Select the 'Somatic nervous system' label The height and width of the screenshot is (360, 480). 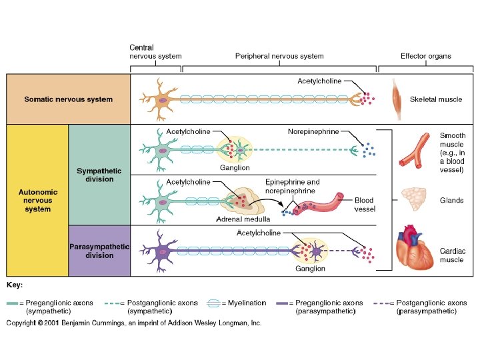coord(69,99)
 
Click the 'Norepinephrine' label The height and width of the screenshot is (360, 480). coord(311,131)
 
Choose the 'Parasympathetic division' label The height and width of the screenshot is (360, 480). coord(100,251)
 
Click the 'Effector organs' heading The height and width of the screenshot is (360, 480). coord(425,56)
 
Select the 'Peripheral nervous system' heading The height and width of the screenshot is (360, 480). coord(279,56)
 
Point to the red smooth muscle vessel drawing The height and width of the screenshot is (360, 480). coord(413,150)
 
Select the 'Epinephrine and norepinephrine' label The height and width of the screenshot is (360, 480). coord(293,186)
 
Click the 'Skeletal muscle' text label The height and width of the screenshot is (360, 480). coord(436,99)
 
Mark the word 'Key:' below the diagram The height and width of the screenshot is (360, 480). coord(15,285)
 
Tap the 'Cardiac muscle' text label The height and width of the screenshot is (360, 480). coord(453,255)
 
